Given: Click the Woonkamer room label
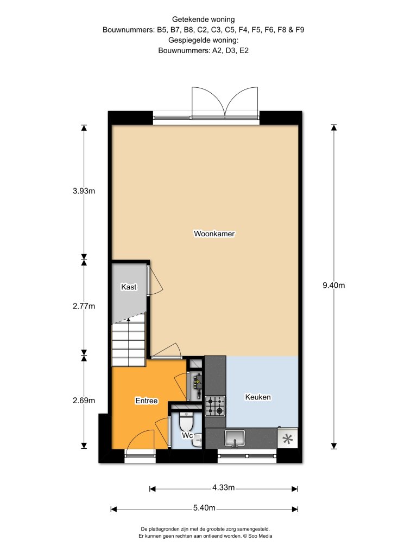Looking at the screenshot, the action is (x=214, y=234).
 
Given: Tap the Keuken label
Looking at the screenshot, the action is (x=258, y=397).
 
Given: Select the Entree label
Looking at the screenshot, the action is (x=147, y=401).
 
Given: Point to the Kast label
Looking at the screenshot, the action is (x=129, y=287).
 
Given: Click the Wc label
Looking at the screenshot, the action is (x=187, y=435).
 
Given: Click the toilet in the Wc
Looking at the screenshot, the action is (x=186, y=421).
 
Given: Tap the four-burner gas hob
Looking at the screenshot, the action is (x=215, y=405).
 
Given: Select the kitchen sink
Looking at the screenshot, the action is (x=235, y=438).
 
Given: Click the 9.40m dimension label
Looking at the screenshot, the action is (x=334, y=285).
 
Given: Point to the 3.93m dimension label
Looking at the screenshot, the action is (x=84, y=191).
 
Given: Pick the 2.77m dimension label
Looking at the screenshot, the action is (x=84, y=306).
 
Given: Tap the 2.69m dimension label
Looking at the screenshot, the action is (x=84, y=401).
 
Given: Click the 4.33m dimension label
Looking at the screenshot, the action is (x=223, y=488).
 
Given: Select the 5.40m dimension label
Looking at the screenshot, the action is (x=204, y=508).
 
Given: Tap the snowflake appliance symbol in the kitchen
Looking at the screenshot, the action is (x=288, y=439).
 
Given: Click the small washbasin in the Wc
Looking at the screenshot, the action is (x=198, y=441).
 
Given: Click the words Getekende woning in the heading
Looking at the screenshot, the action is (x=204, y=20).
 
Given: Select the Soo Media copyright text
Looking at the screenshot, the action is (x=257, y=536).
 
